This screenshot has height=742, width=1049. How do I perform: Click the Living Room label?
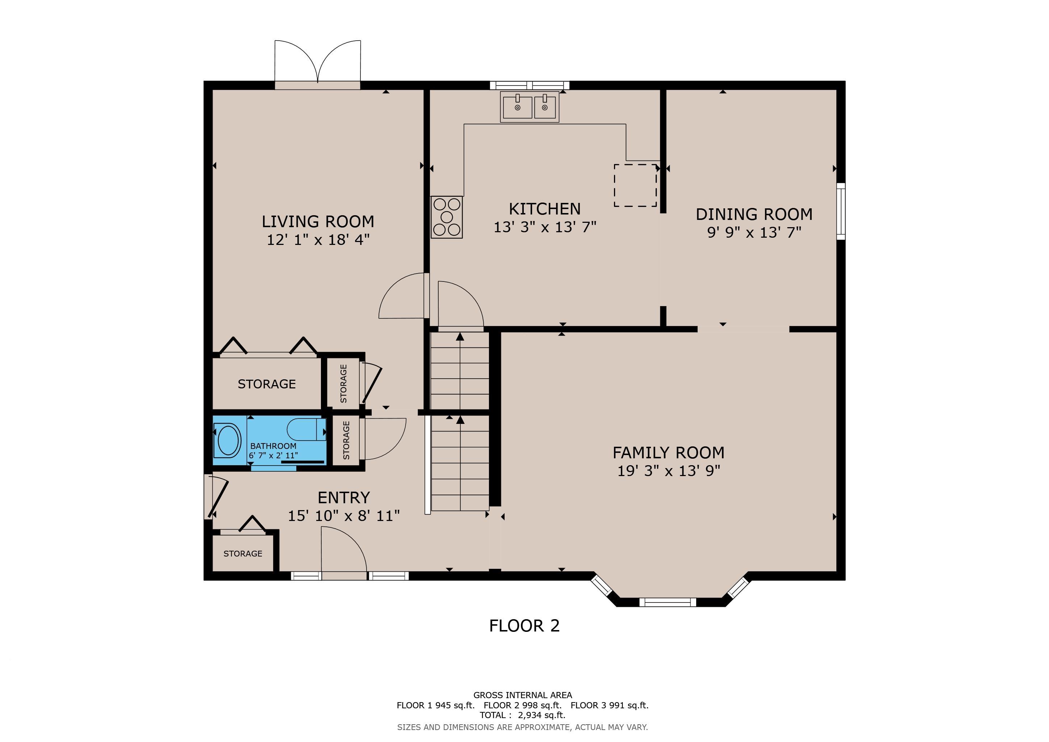[318, 222]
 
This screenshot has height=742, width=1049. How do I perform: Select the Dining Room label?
[754, 214]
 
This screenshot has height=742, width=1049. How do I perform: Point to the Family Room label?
[668, 453]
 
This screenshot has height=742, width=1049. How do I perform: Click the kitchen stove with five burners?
[447, 217]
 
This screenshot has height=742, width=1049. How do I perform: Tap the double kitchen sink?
[530, 107]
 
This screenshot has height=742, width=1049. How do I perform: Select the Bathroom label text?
[273, 446]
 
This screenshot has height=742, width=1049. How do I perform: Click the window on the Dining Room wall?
[841, 211]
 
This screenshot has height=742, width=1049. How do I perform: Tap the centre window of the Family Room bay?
[668, 602]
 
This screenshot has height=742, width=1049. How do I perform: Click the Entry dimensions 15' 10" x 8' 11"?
[344, 516]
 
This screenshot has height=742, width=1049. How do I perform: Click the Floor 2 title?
[524, 625]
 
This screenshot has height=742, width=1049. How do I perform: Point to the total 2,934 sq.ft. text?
[523, 715]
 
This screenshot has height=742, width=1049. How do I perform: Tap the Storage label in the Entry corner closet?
[243, 554]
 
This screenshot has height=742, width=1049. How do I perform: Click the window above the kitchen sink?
[530, 85]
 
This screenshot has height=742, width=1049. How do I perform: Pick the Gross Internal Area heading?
[523, 695]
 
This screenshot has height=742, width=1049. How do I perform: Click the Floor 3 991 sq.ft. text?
[610, 705]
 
